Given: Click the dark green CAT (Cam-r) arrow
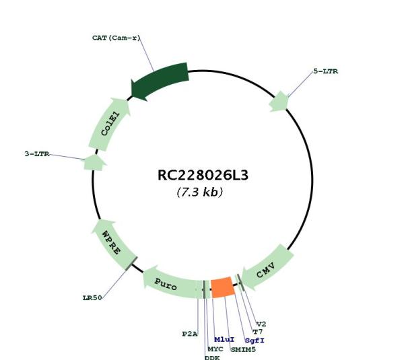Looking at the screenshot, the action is (x=160, y=81).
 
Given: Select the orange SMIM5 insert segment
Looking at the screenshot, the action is (x=223, y=287).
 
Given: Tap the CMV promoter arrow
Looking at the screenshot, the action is (x=267, y=267).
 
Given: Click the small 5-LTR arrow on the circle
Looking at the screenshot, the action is (x=279, y=102).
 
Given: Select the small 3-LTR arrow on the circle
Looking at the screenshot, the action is (x=94, y=163).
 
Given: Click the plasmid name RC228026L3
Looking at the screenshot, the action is (x=203, y=176).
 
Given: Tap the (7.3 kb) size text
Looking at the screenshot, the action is (x=200, y=192).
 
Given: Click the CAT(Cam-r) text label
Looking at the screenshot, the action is (x=116, y=38).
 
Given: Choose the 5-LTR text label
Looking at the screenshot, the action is (x=326, y=71).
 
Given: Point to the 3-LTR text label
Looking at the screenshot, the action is (x=37, y=154).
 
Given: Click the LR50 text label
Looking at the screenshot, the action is (x=92, y=298).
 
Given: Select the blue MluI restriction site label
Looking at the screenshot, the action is (x=224, y=340).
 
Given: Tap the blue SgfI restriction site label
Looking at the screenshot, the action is (x=255, y=340).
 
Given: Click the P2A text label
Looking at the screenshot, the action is (x=190, y=334).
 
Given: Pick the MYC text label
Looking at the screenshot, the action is (x=215, y=349).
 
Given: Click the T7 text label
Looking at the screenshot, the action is (x=258, y=332).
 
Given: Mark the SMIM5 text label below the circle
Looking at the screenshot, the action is (x=243, y=350).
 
